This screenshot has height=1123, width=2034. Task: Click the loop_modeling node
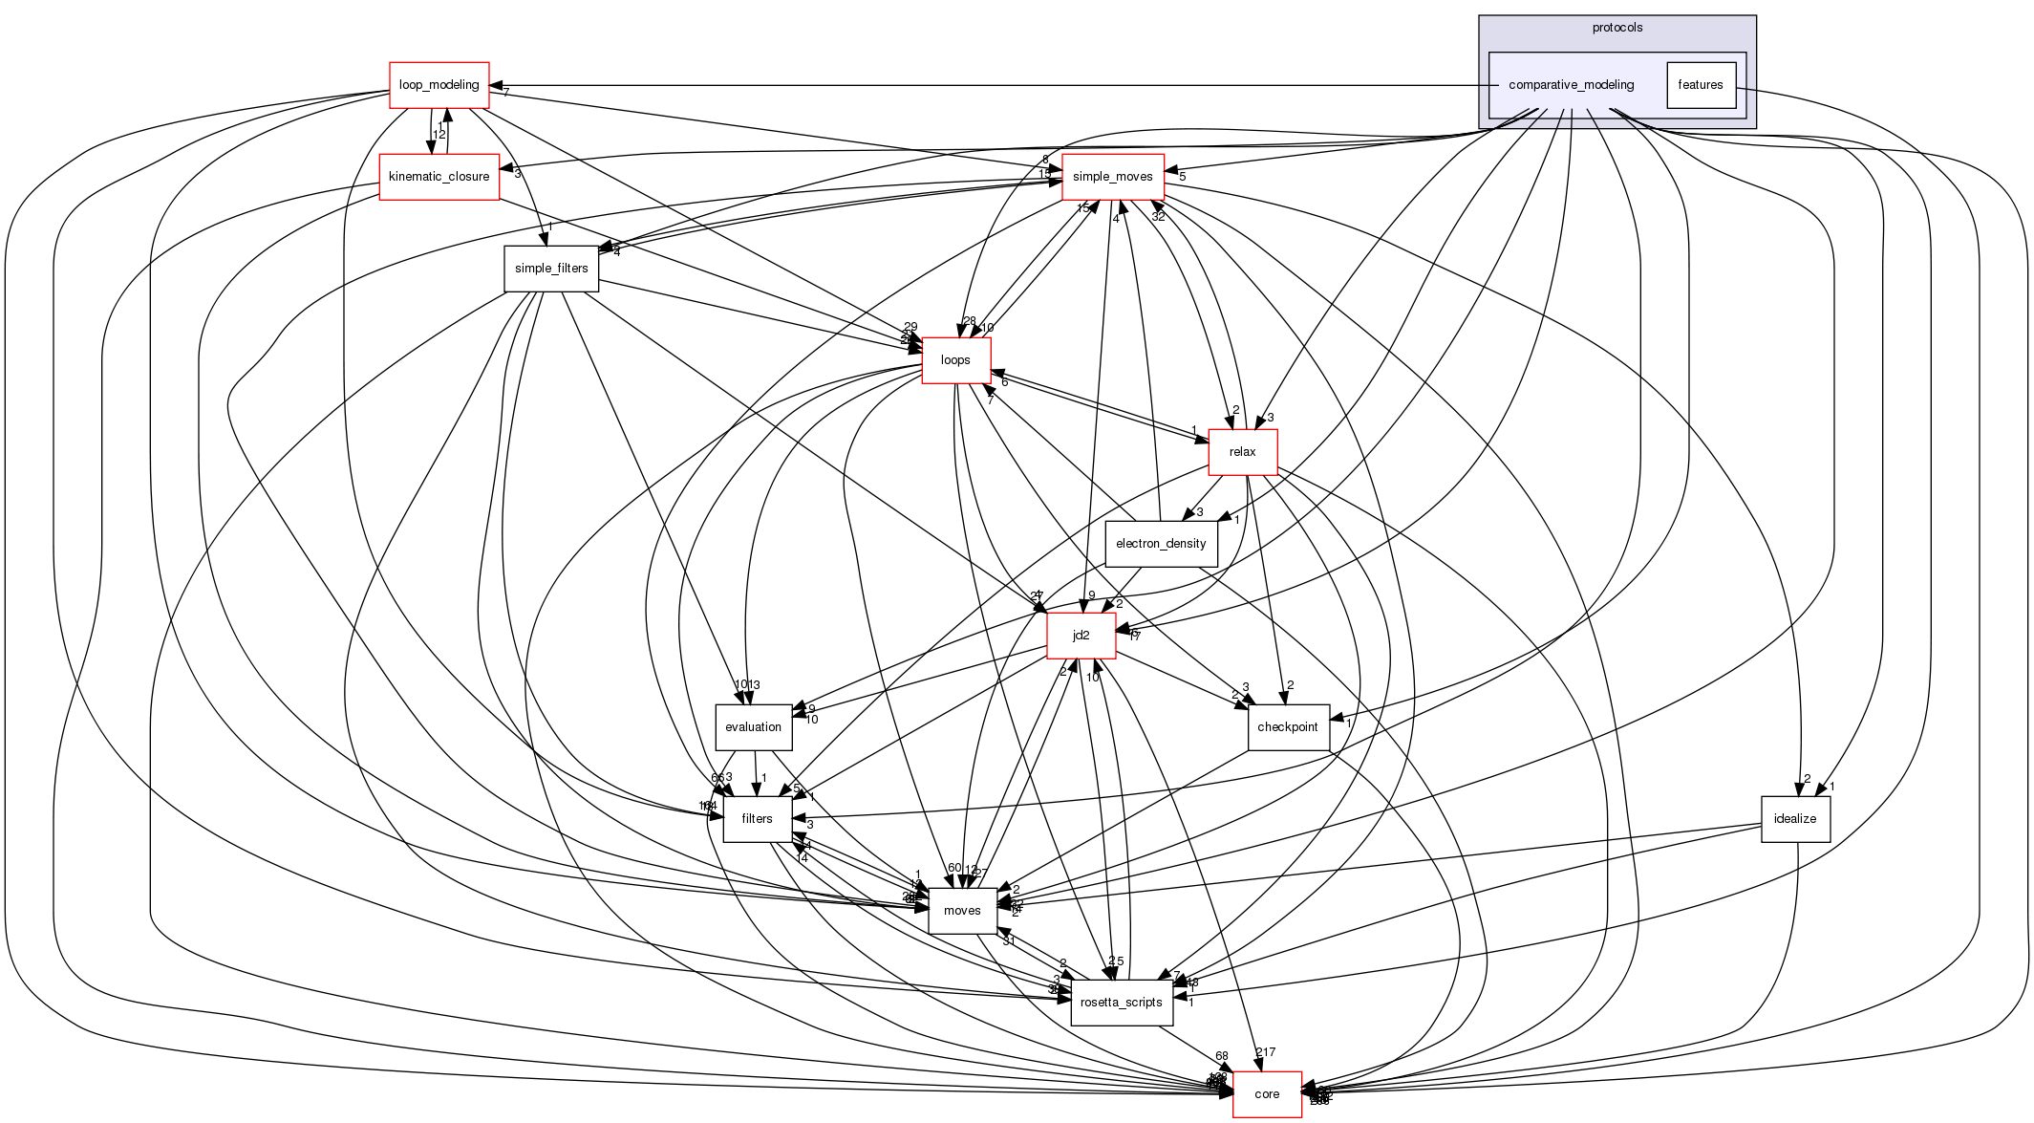439,85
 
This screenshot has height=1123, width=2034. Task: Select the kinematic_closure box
439,177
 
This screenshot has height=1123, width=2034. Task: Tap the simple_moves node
1112,177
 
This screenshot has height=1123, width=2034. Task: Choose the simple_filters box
551,269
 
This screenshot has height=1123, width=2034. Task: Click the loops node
955,360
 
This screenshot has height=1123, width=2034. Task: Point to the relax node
1242,452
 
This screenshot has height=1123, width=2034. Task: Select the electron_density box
1161,544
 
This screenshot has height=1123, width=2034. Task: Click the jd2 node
1081,636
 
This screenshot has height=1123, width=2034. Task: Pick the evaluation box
753,727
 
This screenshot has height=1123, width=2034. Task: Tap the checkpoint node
1287,727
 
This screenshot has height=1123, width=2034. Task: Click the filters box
757,819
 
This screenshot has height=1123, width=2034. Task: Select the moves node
962,911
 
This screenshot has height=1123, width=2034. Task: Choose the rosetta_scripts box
1121,1003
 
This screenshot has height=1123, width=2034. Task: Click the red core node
1266,1094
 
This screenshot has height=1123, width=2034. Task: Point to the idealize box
1794,819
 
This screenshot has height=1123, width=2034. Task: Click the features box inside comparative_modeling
1701,85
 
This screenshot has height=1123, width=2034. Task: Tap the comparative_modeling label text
1571,85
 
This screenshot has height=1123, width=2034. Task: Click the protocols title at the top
1616,28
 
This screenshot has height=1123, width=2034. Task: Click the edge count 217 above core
1265,1052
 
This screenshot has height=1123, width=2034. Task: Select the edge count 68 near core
1221,1056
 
